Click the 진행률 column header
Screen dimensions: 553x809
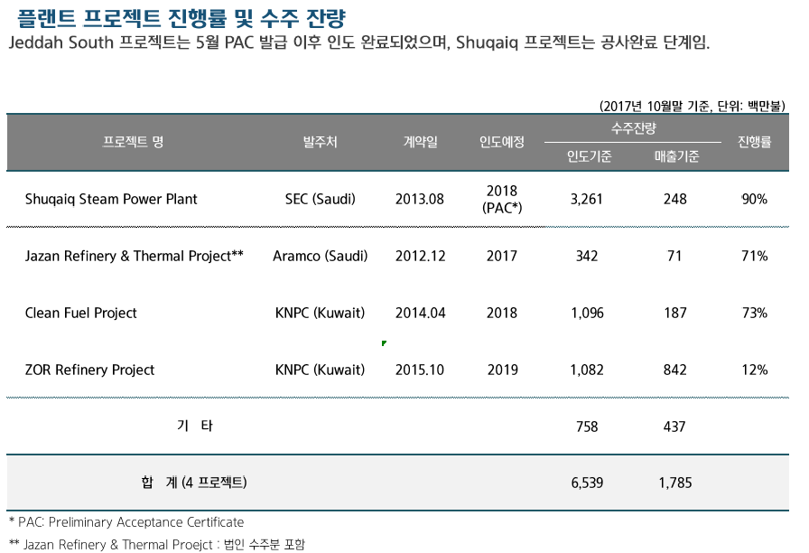click(754, 142)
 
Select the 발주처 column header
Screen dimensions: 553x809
click(321, 142)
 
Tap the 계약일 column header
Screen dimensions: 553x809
click(420, 142)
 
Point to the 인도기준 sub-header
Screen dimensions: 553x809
click(589, 156)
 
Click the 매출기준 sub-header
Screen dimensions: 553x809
click(676, 156)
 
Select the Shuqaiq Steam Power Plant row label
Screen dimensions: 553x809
click(111, 199)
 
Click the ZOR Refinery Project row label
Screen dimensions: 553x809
click(89, 370)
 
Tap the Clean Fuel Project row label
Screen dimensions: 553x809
click(81, 313)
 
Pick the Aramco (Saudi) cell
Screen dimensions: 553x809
click(321, 256)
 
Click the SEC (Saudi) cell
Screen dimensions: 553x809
click(321, 199)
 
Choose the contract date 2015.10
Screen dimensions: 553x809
click(420, 370)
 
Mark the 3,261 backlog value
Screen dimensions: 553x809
click(587, 199)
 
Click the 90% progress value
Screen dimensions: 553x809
click(754, 199)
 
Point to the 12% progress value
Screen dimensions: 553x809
click(754, 370)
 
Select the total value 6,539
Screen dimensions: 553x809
click(587, 483)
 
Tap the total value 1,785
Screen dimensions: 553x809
click(675, 483)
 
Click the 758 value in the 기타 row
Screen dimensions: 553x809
click(587, 426)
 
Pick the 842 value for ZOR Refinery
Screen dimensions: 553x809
click(675, 370)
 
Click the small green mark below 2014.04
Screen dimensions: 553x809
click(385, 343)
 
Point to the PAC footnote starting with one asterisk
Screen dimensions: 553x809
click(126, 522)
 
